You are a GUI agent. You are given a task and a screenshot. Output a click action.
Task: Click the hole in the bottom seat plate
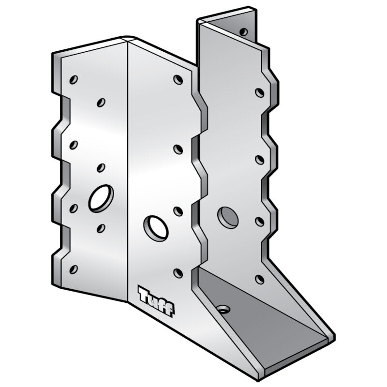223,309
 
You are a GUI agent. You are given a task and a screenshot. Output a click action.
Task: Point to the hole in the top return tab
243,31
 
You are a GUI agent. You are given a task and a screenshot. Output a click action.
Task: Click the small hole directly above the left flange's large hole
101,167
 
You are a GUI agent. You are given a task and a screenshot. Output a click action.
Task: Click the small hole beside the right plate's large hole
259,221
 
